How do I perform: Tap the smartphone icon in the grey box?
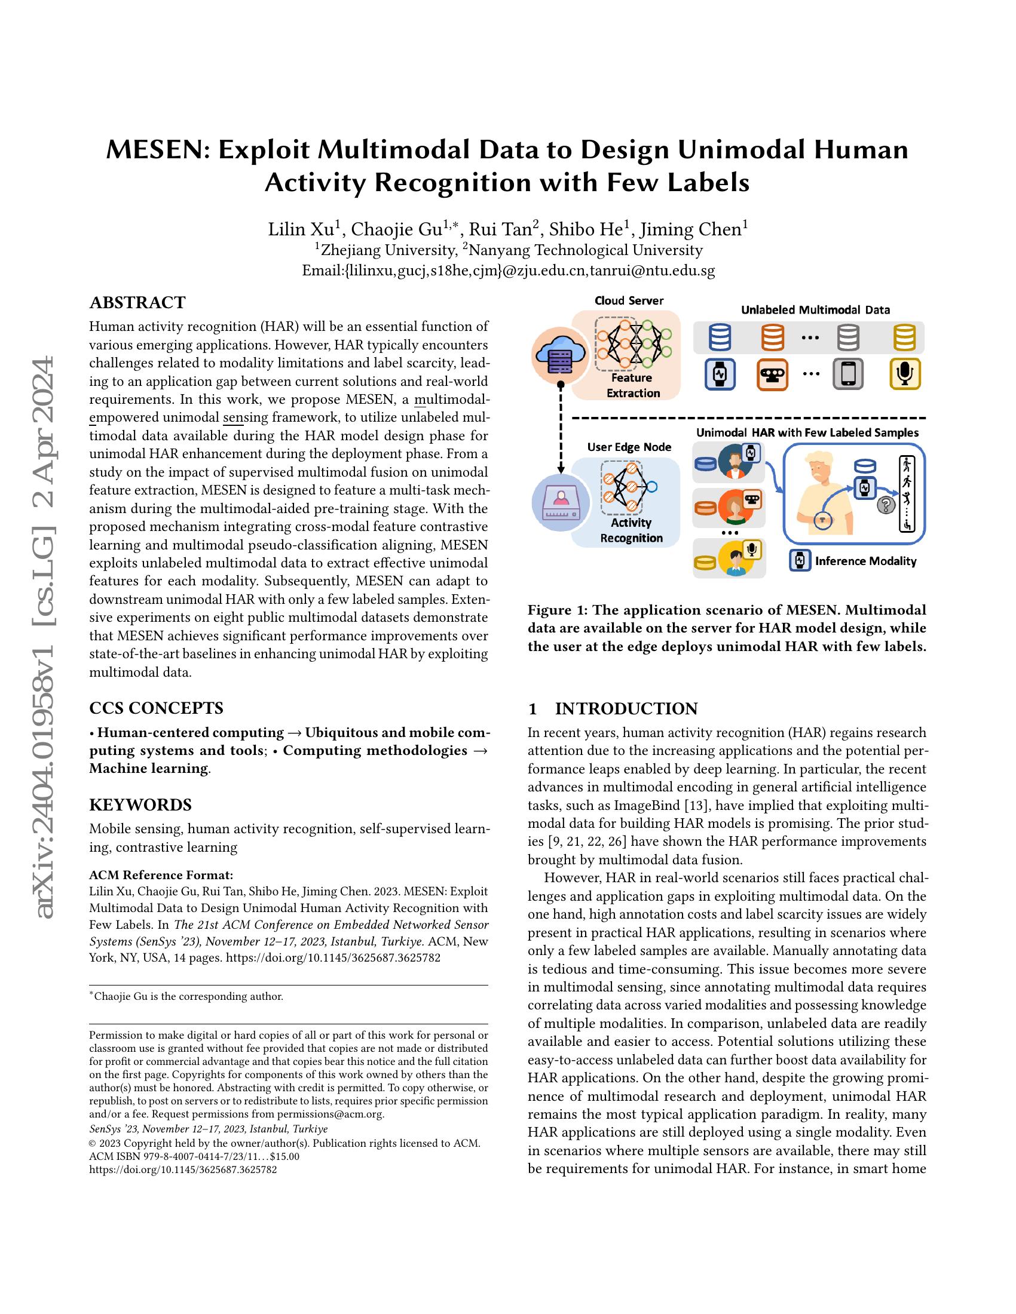click(847, 374)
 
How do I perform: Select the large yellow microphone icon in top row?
click(905, 373)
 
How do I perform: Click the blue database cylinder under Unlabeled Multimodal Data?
click(720, 337)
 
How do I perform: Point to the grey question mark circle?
click(885, 505)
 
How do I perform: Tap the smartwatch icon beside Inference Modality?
click(800, 561)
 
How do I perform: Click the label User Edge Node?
click(629, 447)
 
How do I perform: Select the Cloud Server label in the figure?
click(629, 300)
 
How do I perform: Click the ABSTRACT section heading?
click(137, 302)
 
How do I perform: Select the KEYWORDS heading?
click(140, 805)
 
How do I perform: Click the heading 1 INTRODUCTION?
click(613, 708)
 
